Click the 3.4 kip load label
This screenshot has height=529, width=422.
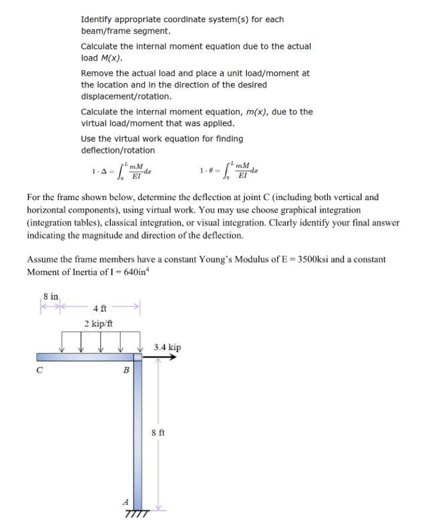(x=167, y=348)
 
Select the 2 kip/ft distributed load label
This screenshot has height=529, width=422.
(x=98, y=324)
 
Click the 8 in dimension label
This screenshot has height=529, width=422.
(x=50, y=296)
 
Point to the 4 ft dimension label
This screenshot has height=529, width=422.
(x=99, y=308)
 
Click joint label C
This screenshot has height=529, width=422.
(x=40, y=372)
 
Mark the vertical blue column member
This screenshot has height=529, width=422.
(x=138, y=434)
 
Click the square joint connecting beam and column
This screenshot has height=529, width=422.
(x=138, y=358)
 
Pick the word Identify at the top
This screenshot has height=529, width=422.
(x=98, y=19)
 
